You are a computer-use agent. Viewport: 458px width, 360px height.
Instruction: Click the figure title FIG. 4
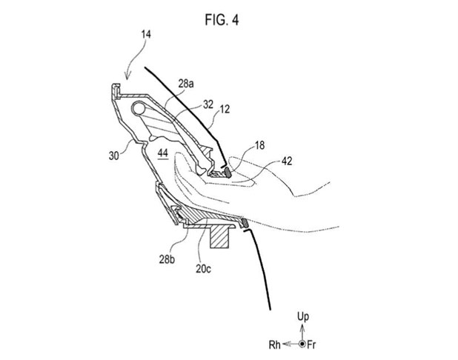222,20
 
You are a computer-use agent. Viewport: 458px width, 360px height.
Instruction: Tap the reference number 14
146,35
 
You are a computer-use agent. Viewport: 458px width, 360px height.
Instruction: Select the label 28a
186,84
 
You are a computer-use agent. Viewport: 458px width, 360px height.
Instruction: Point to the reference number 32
208,104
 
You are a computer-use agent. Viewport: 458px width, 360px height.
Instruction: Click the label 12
225,109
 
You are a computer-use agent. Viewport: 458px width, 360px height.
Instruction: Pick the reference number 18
259,145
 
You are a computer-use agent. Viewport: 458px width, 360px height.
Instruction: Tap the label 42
287,161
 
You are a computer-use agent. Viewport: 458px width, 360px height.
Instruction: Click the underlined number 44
163,153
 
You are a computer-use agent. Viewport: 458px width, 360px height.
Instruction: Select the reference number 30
114,156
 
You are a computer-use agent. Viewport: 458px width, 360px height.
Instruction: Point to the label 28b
167,259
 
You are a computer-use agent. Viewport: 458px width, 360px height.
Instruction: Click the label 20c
203,269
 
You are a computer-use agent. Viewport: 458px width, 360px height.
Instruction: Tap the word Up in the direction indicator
303,316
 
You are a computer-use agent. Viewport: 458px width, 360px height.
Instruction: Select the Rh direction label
274,345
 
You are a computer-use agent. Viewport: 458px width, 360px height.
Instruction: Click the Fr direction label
311,345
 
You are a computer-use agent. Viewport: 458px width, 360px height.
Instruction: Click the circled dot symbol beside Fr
302,344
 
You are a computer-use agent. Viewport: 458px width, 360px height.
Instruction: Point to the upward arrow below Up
302,333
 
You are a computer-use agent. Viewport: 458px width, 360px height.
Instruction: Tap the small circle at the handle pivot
139,108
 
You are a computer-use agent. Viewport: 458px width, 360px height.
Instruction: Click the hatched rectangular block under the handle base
219,236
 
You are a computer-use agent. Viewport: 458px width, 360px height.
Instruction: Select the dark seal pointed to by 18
227,173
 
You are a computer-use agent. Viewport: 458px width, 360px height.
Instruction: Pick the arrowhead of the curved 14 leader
127,77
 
